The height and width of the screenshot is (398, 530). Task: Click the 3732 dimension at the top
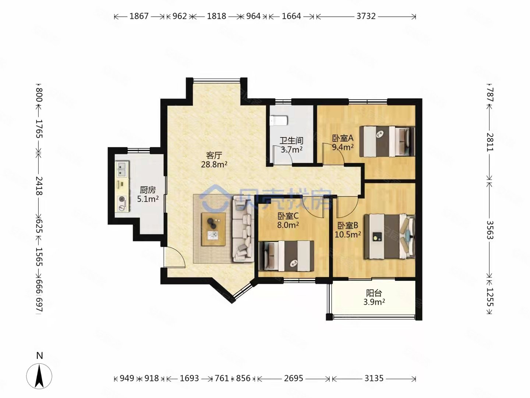click(x=366, y=16)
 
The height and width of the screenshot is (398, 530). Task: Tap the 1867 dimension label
click(x=139, y=16)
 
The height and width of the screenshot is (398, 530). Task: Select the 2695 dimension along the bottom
click(x=293, y=378)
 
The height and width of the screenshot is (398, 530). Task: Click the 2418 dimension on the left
click(x=39, y=186)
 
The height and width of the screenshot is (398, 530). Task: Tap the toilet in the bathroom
click(x=278, y=121)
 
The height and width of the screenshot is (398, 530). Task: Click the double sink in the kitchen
click(x=122, y=169)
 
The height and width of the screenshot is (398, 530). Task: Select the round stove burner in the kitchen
click(x=122, y=199)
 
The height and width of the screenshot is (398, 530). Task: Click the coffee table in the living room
click(x=213, y=229)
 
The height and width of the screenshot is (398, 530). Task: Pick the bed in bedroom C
click(x=286, y=256)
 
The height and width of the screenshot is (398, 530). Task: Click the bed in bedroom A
click(x=387, y=142)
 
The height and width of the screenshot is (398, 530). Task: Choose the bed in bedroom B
click(x=389, y=236)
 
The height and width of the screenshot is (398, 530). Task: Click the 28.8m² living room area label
click(x=214, y=165)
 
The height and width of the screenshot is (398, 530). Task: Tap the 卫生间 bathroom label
click(x=291, y=140)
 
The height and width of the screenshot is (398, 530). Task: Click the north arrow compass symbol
click(x=39, y=376)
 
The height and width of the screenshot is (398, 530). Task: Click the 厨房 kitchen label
click(x=148, y=190)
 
